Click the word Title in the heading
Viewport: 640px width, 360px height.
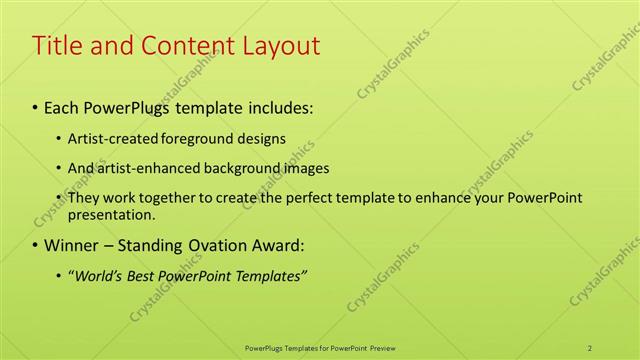[58, 46]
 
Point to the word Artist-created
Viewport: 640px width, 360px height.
[110, 138]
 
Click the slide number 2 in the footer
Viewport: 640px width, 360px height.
[591, 348]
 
